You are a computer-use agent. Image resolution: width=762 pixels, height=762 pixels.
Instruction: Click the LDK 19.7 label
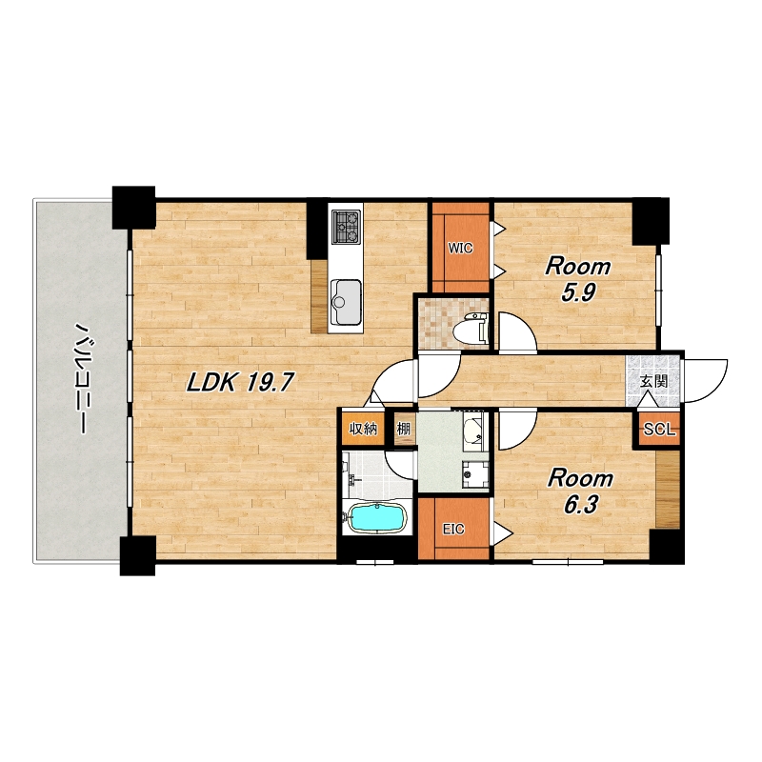(240, 383)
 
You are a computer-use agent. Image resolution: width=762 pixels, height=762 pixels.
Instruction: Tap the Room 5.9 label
(578, 279)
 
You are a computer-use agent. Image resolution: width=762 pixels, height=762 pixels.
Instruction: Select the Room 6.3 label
(580, 491)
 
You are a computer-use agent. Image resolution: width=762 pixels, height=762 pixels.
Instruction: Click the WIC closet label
(460, 249)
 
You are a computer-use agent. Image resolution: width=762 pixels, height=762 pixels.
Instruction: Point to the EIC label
(453, 530)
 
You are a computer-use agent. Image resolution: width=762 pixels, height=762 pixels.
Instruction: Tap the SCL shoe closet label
(659, 430)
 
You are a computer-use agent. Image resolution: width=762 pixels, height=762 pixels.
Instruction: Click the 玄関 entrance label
(653, 382)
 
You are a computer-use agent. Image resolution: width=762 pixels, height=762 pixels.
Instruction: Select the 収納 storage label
(364, 429)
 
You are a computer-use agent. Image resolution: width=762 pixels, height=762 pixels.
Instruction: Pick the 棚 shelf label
(404, 429)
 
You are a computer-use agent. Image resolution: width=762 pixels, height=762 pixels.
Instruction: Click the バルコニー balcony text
(80, 377)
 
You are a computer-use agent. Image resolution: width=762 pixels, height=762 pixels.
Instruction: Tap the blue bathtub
(377, 518)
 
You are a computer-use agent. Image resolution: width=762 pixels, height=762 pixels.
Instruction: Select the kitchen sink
(346, 302)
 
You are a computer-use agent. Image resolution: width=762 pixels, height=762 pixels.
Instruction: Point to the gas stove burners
(346, 227)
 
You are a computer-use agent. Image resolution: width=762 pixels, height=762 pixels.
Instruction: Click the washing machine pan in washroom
(474, 473)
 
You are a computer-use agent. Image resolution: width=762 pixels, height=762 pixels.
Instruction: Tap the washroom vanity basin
(472, 430)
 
